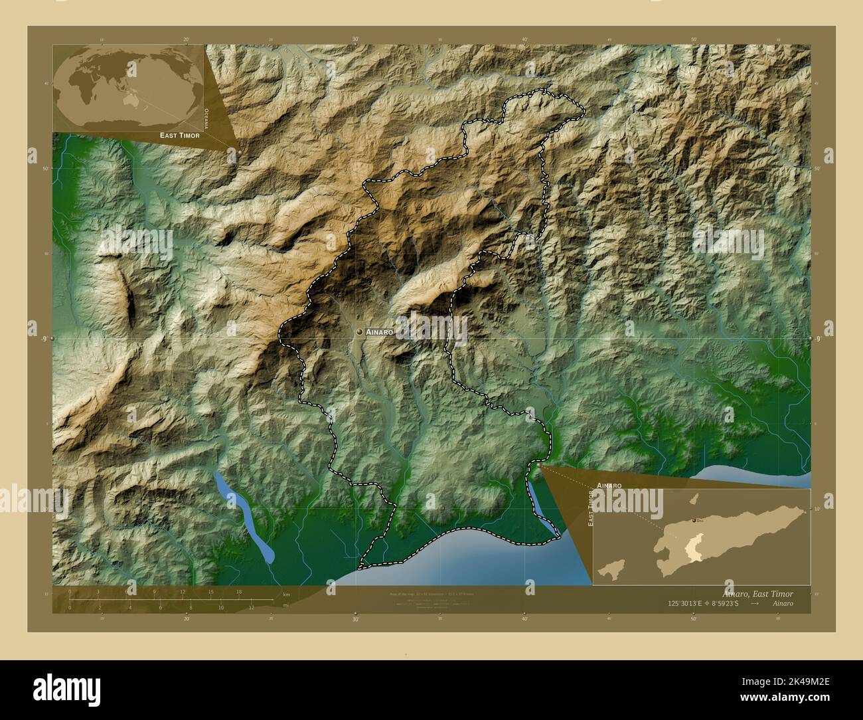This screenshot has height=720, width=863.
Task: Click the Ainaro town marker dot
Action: (x=359, y=331)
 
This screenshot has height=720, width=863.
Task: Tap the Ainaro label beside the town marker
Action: (x=380, y=331)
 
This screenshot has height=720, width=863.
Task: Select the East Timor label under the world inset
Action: (x=179, y=135)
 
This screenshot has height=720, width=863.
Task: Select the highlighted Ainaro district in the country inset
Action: (x=694, y=549)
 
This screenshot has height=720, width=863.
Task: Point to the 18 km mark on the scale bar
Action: (x=239, y=592)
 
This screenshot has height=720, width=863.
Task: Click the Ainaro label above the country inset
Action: (x=609, y=486)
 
